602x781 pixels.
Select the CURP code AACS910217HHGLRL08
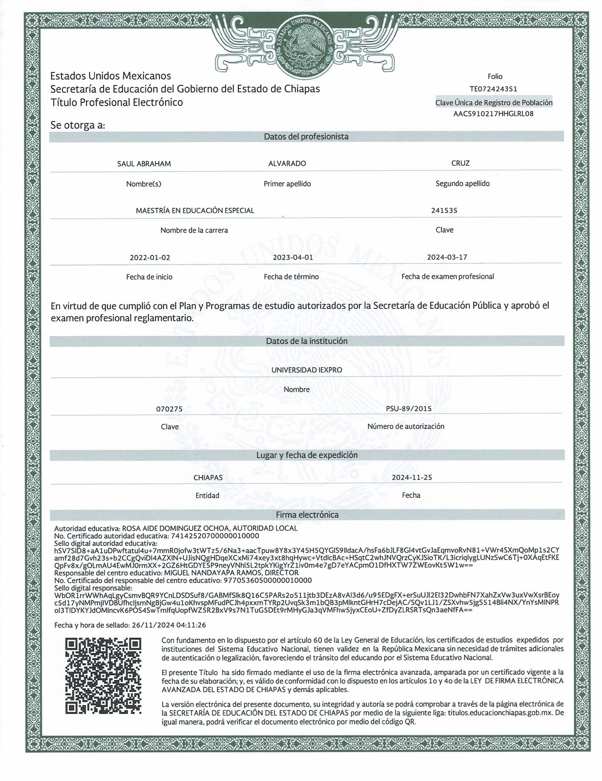point(494,114)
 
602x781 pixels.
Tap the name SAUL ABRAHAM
point(144,164)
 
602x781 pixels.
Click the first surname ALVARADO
point(287,164)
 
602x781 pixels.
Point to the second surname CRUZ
point(460,163)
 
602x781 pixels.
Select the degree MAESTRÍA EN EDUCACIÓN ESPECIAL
point(195,211)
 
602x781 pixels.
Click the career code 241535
point(444,211)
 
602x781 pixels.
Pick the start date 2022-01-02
point(150,258)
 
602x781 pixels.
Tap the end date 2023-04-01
point(293,258)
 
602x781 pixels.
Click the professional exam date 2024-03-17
point(447,257)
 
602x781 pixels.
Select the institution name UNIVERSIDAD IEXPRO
point(307,370)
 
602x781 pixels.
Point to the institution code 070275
point(169,409)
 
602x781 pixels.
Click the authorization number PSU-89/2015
point(408,409)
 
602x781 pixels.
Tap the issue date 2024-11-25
point(412,477)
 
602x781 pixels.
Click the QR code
point(103,675)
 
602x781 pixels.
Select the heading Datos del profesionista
point(306,137)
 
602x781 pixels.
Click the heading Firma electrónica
point(307,515)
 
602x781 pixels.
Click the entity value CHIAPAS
point(208,477)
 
